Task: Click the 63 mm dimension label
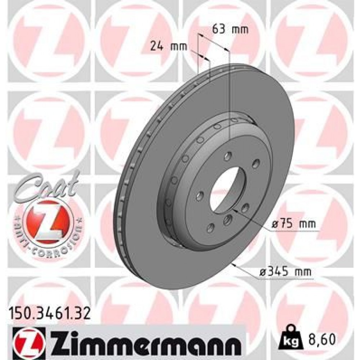(x=230, y=30)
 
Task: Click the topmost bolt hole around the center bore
(x=227, y=156)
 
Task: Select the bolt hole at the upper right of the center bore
(x=255, y=164)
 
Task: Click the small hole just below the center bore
(x=227, y=220)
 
